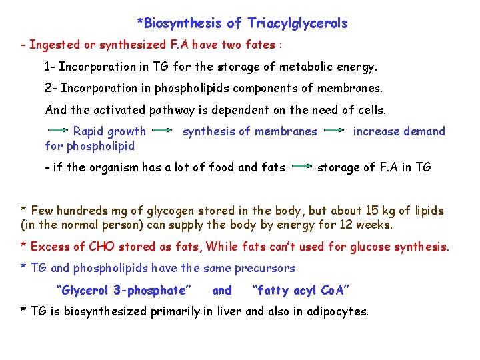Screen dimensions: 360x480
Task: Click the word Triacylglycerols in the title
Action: pyautogui.click(x=297, y=24)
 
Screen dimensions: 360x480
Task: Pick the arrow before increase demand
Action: pyautogui.click(x=335, y=131)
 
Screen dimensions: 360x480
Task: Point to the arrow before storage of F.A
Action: pyautogui.click(x=301, y=167)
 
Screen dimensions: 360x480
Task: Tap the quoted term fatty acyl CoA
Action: pyautogui.click(x=299, y=290)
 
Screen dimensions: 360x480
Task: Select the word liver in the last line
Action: pyautogui.click(x=229, y=311)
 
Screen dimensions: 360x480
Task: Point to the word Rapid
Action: pyautogui.click(x=90, y=131)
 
